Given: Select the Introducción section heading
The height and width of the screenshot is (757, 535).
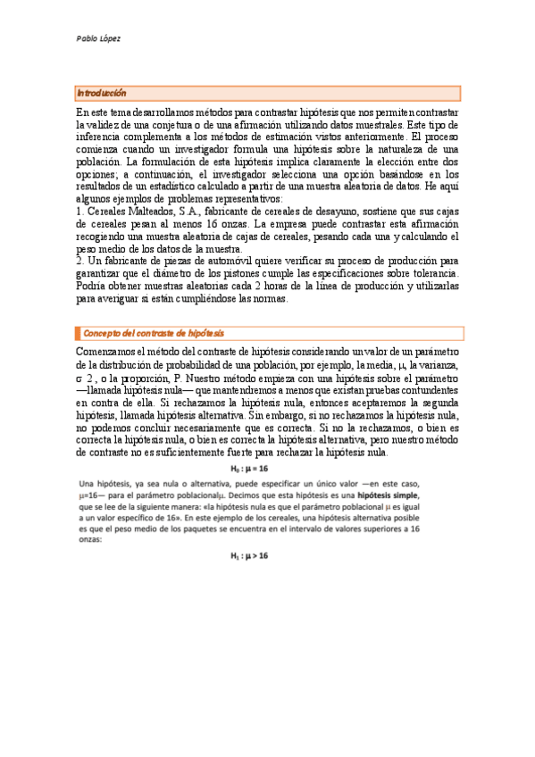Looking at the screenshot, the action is pos(102,93).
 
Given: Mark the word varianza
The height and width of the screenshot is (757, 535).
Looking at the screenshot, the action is pos(437,367).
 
